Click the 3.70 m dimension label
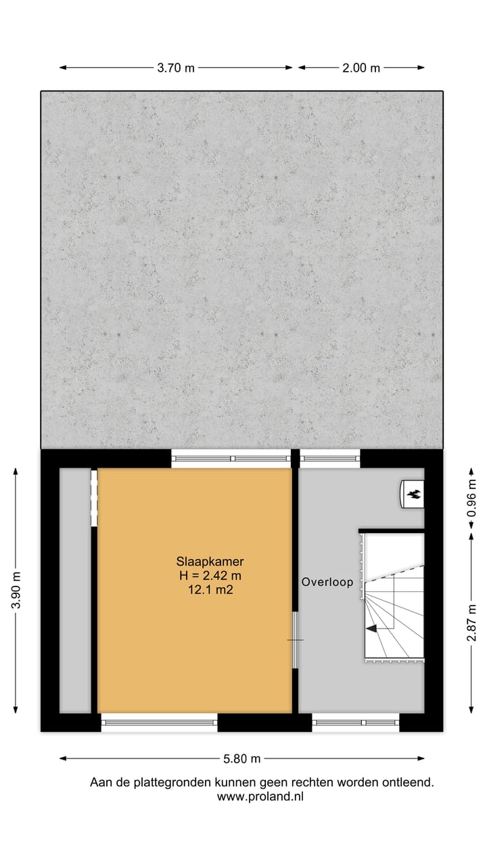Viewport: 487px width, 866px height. point(176,68)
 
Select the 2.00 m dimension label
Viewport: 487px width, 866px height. point(361,68)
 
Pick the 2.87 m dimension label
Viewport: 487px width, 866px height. point(472,624)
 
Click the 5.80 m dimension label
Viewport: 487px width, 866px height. point(241,758)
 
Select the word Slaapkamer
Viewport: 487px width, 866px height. point(210,562)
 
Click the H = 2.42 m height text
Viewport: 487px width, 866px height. point(210,576)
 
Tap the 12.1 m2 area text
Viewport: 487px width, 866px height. point(210,590)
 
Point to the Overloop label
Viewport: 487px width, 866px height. point(327,582)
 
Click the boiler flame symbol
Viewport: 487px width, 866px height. point(412,493)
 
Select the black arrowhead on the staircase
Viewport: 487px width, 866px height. point(371,629)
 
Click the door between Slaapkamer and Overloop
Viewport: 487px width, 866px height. point(295,640)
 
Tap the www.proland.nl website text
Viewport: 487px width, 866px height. point(260,797)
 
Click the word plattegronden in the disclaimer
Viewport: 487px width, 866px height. point(179,783)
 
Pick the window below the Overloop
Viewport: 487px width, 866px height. point(356,723)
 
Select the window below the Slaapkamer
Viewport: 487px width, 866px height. point(160,723)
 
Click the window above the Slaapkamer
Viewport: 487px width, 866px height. point(231,458)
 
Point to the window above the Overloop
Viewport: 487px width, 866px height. point(329,458)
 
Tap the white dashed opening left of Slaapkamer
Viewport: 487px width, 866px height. point(94,499)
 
